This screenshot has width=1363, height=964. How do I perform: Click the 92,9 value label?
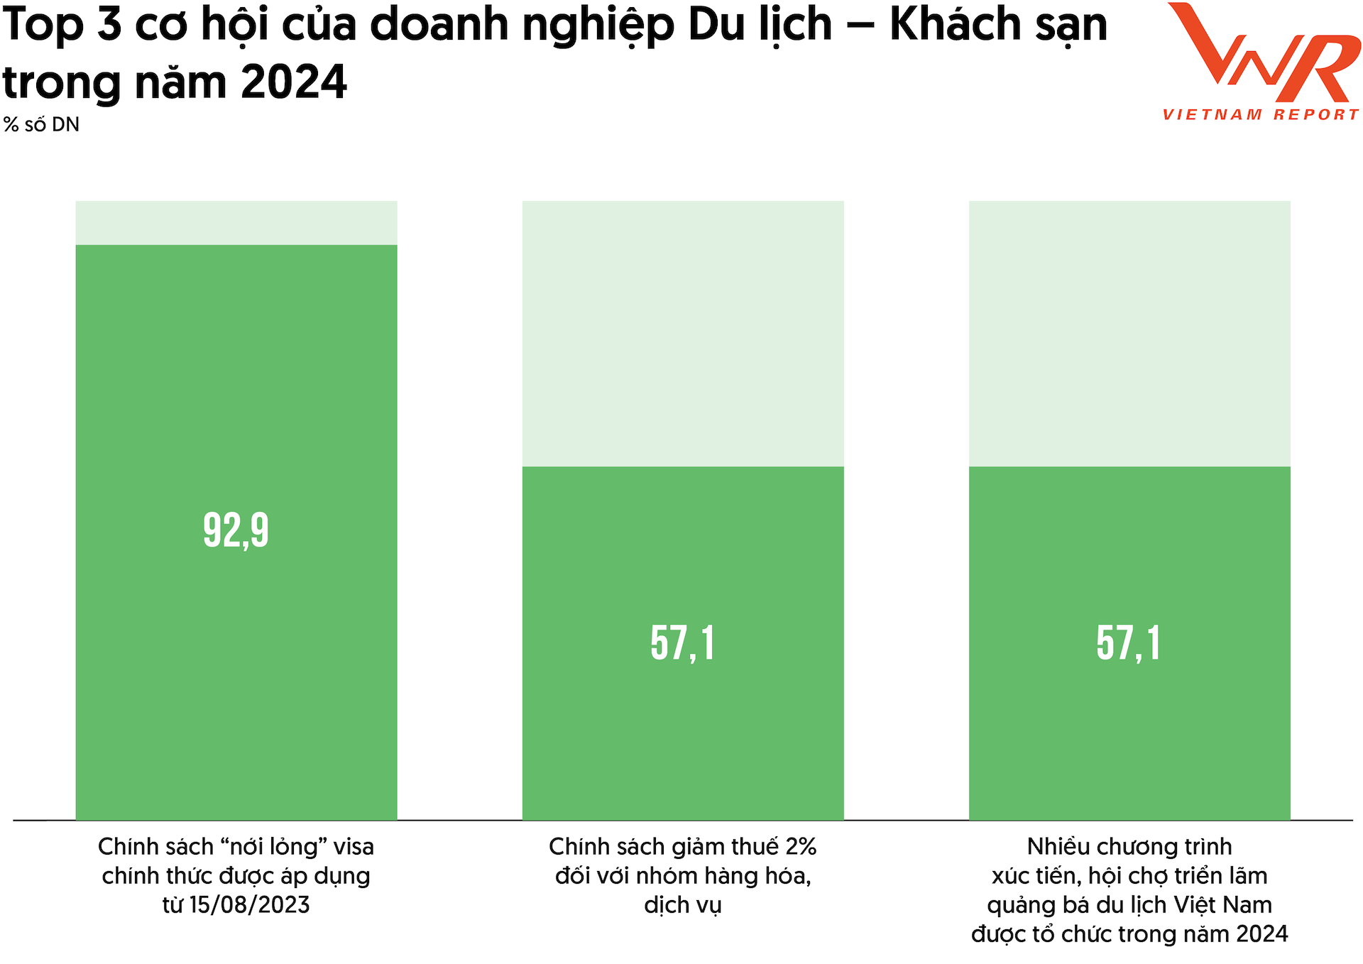[236, 530]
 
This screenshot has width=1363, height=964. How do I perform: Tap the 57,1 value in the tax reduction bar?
[682, 644]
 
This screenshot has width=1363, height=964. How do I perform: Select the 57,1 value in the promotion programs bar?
[1129, 644]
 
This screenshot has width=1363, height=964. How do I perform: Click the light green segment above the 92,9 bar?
[236, 223]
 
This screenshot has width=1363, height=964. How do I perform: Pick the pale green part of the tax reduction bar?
[682, 334]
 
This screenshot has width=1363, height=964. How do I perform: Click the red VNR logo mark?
[1264, 53]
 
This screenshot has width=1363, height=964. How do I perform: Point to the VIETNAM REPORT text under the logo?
[1261, 115]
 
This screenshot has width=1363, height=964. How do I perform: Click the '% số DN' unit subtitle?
[41, 125]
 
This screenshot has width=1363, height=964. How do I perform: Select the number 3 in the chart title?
[109, 26]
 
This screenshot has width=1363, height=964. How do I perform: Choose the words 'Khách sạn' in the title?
[998, 26]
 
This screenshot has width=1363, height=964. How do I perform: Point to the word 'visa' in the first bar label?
[354, 847]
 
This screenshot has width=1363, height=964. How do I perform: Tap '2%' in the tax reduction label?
[801, 847]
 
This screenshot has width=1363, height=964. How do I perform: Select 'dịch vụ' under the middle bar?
[682, 906]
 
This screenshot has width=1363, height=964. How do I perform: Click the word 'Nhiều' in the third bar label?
[1058, 847]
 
